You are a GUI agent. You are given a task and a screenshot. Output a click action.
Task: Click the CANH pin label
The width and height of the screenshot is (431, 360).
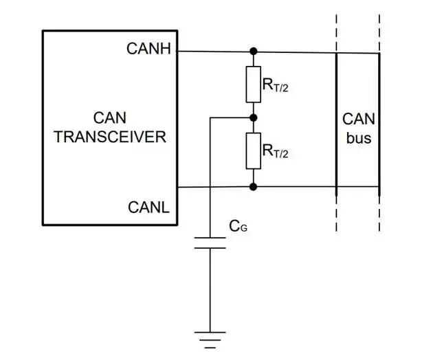pos(148,49)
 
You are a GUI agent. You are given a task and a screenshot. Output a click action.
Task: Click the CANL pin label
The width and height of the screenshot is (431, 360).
pos(148,207)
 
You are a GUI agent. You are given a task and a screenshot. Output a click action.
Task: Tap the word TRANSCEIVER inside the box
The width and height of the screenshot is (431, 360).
pos(110,137)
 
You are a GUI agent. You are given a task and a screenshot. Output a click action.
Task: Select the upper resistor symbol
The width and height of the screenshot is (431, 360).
pos(254,85)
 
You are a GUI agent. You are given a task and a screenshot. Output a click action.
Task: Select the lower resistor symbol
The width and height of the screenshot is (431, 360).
pos(254,151)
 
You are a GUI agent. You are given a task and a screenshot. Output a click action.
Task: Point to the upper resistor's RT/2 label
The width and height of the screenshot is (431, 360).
pos(276,85)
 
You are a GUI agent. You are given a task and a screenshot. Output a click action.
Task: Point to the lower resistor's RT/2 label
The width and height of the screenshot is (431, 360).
pos(276,151)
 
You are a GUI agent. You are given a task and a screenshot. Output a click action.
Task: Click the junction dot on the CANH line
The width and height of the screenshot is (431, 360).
pos(254,51)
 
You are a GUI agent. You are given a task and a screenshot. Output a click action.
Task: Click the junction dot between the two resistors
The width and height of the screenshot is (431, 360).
pos(254,118)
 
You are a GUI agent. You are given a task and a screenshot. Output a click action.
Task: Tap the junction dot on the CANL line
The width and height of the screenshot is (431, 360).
pos(254,187)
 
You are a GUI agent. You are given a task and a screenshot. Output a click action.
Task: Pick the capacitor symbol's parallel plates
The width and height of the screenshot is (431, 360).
pos(210,243)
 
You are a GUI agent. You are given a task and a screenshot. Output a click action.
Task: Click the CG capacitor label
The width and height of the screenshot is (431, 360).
pos(238,227)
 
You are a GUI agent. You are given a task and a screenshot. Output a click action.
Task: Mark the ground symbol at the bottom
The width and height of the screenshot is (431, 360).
pos(210,340)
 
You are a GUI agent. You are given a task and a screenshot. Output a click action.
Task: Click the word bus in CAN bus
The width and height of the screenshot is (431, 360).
pos(359,138)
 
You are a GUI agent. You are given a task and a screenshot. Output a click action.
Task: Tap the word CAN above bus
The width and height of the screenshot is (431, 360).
pos(359,120)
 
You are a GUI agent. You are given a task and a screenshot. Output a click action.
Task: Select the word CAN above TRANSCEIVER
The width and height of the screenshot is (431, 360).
pos(110,118)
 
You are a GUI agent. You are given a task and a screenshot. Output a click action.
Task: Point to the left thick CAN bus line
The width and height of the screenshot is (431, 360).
pos(336,124)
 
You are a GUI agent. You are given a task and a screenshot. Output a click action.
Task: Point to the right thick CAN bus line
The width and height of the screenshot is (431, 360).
pos(379,124)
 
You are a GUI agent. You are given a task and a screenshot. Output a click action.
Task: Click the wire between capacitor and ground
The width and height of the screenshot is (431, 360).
pos(210,290)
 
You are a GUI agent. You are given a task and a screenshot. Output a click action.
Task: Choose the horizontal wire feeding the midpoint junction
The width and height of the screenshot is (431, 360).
pos(232,118)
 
